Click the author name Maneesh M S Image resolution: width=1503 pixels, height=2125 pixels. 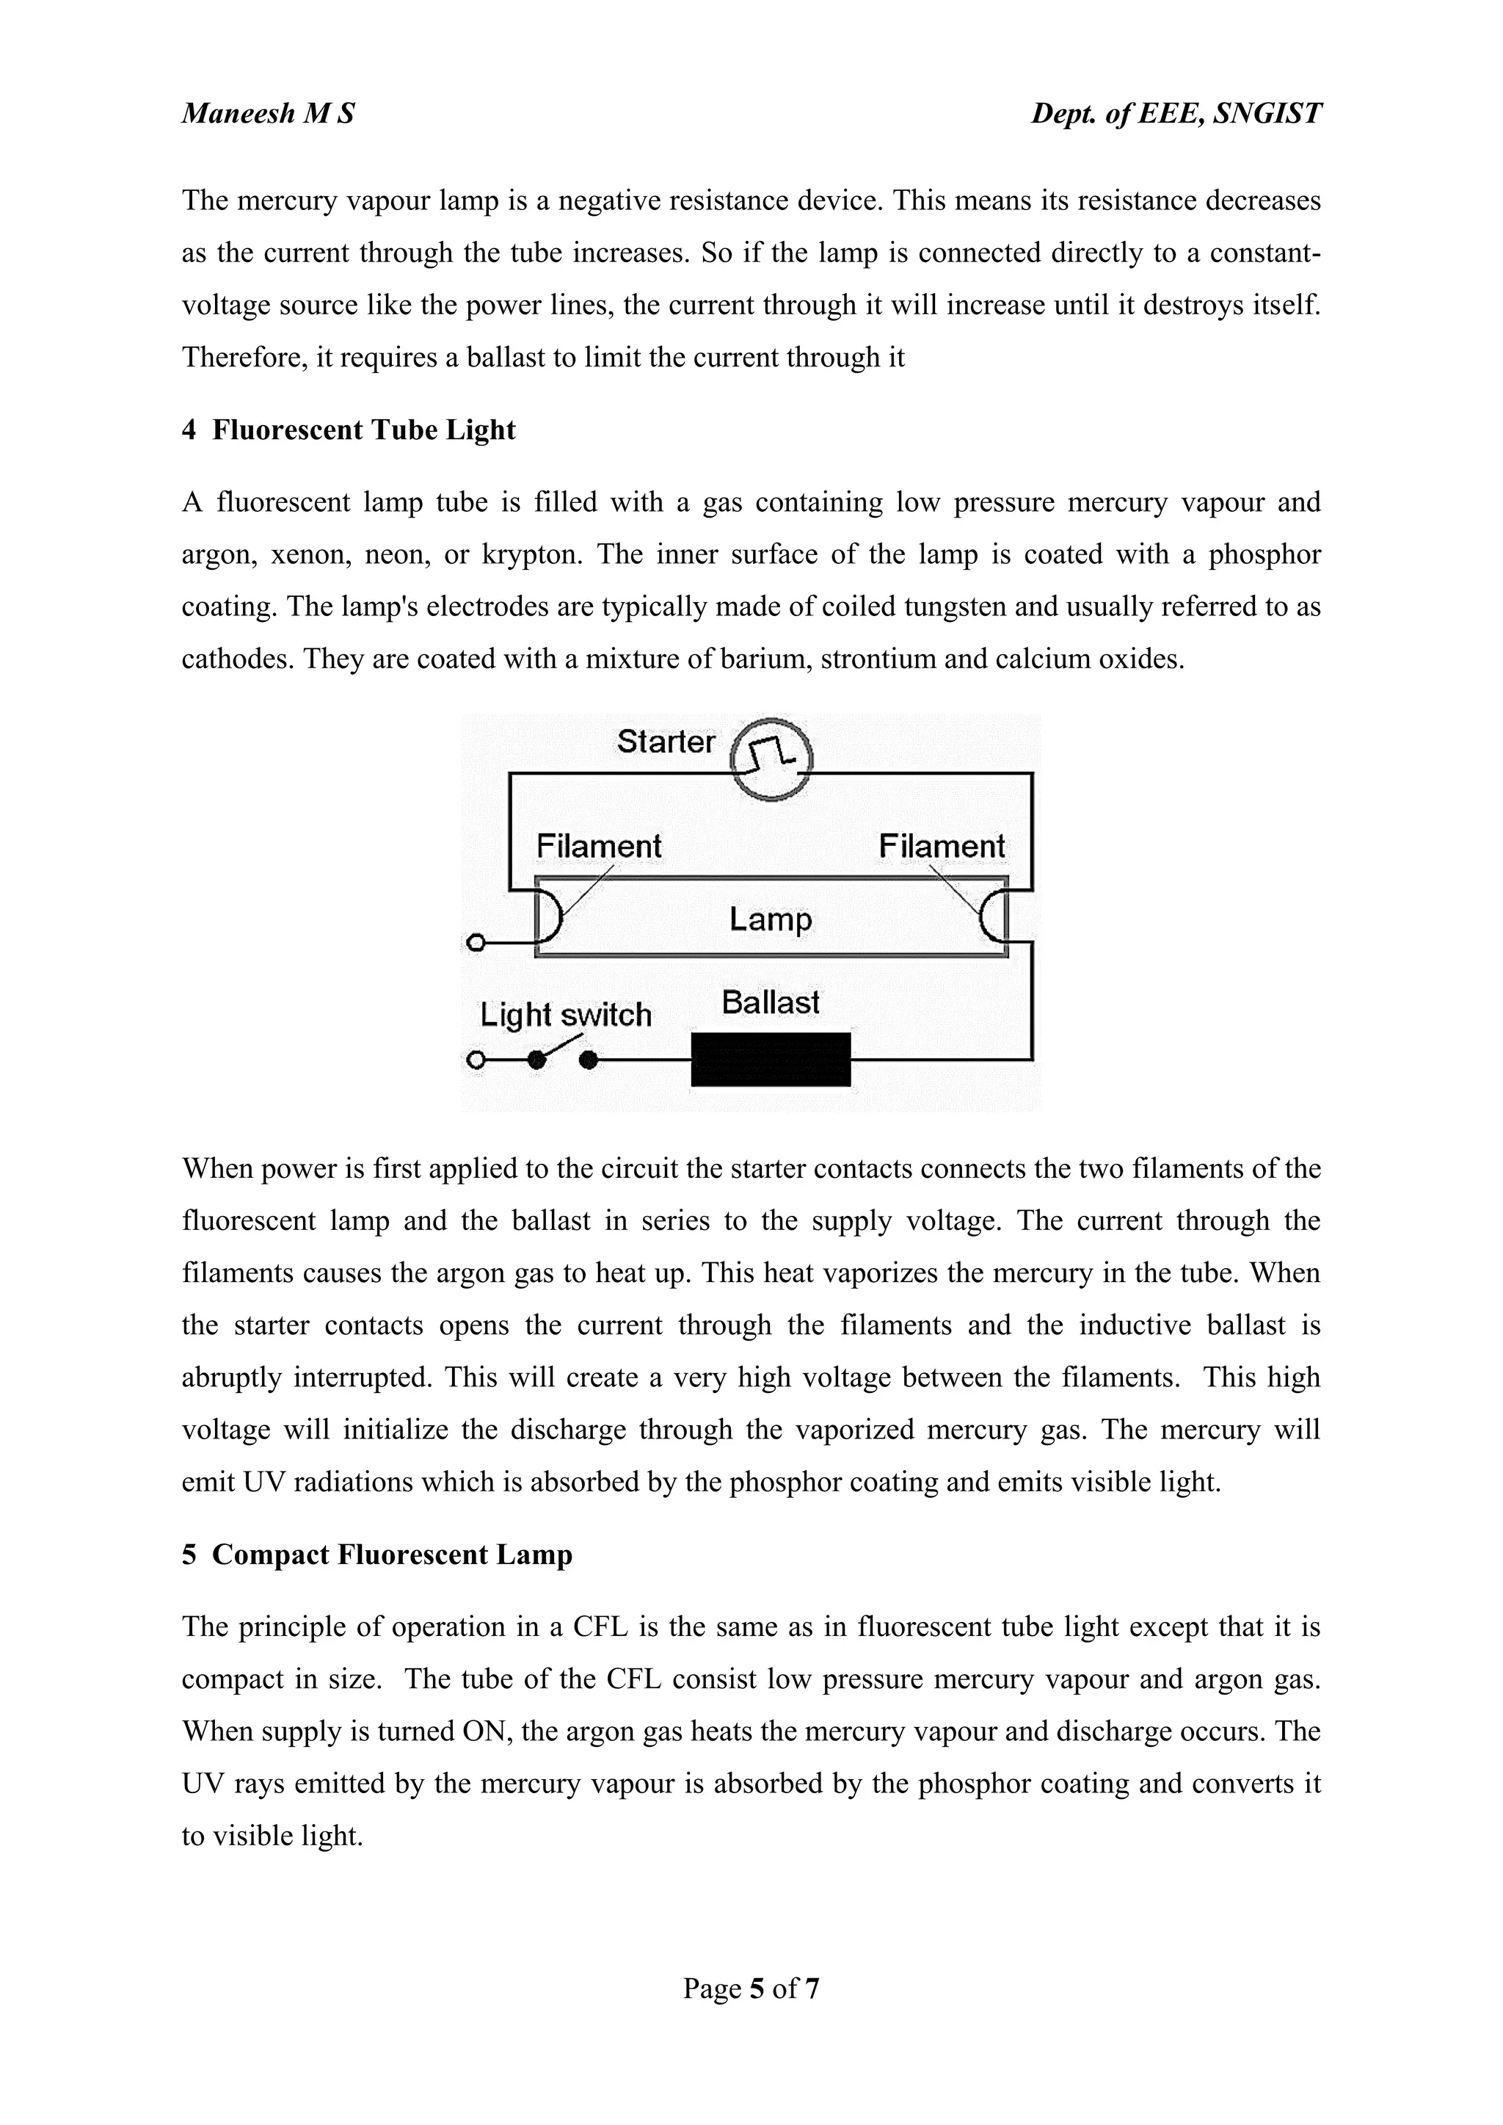pyautogui.click(x=267, y=114)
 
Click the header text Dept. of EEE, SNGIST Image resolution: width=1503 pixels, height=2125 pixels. pyautogui.click(x=1176, y=114)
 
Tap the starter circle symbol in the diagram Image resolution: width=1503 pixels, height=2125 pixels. pyautogui.click(x=771, y=759)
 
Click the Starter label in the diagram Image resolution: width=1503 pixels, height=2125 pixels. pyautogui.click(x=666, y=742)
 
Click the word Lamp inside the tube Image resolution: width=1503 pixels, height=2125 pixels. pyautogui.click(x=770, y=919)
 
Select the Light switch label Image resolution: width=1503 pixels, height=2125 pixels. pyautogui.click(x=566, y=1015)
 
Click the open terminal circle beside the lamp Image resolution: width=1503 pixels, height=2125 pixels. pyautogui.click(x=476, y=944)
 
